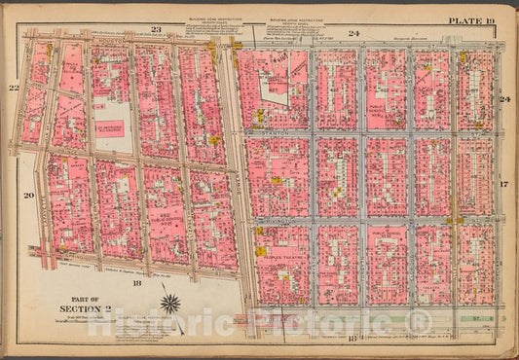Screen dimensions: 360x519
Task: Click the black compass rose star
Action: pyautogui.click(x=170, y=305)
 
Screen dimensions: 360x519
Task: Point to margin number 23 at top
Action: pyautogui.click(x=155, y=31)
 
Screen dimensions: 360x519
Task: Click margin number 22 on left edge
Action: pyautogui.click(x=15, y=89)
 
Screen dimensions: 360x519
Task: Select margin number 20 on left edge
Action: pyautogui.click(x=29, y=196)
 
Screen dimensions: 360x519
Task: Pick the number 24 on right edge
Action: pyautogui.click(x=504, y=99)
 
